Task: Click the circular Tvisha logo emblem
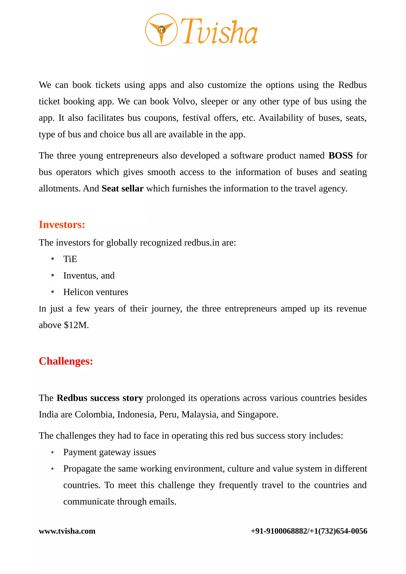[x=161, y=30]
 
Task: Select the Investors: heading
[x=62, y=225]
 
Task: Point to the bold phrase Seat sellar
[x=123, y=188]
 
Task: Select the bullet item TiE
[x=70, y=259]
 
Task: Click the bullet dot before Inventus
[x=53, y=276]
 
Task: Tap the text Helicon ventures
[x=96, y=292]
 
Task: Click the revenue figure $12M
[x=76, y=325]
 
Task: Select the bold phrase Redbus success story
[x=100, y=398]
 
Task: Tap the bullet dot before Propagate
[x=53, y=469]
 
